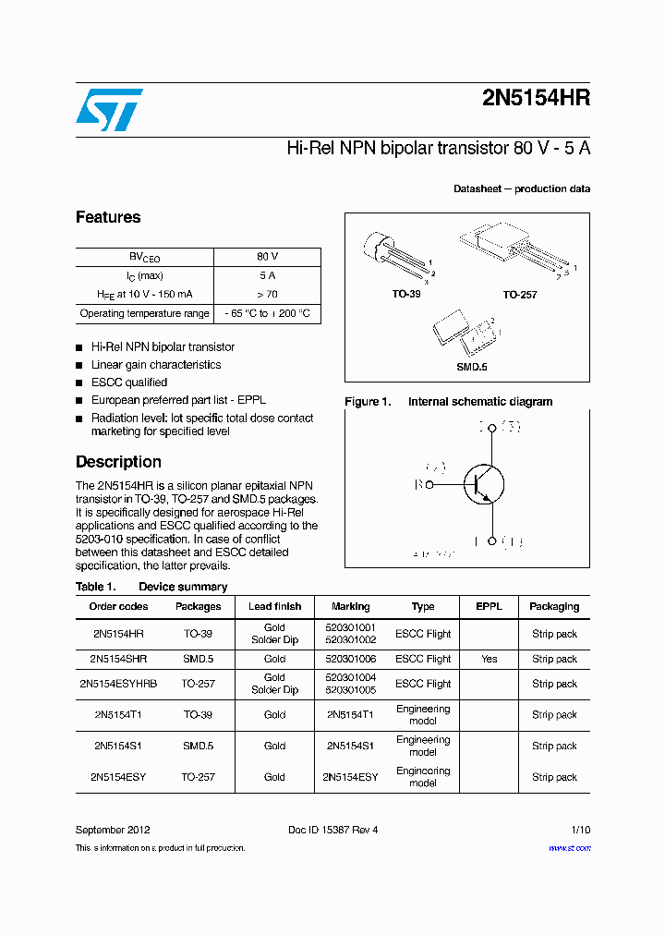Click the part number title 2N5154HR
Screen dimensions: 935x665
[x=536, y=100]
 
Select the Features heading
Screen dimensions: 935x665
[x=108, y=217]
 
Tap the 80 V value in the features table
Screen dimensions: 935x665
[x=267, y=257]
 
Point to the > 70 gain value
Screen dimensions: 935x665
[x=267, y=294]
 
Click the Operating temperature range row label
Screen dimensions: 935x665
[x=144, y=313]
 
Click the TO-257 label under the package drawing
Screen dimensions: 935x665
[x=519, y=295]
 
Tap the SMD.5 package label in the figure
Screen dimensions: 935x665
[x=471, y=367]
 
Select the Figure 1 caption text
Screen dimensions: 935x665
[x=449, y=402]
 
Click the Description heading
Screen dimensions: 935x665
[x=118, y=462]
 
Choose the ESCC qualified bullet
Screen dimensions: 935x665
[x=128, y=382]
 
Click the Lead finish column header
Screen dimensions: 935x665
[x=274, y=607]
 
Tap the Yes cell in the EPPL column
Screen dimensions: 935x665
[x=489, y=659]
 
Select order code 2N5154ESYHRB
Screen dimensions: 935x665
[x=118, y=684]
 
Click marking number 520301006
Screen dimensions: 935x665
[x=350, y=659]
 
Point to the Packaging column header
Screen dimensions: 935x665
[x=554, y=607]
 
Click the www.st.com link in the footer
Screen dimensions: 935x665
[x=569, y=848]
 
